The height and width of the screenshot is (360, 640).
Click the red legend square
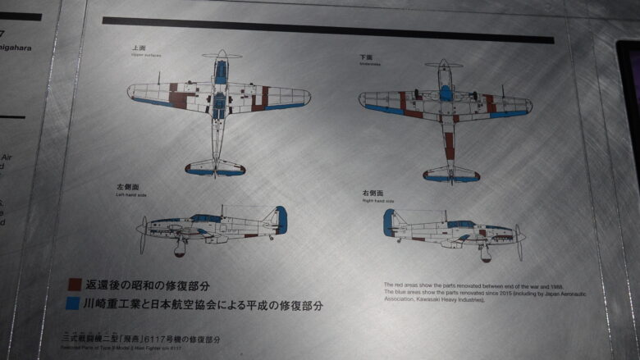click(74, 285)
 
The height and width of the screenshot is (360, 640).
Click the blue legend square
click(74, 304)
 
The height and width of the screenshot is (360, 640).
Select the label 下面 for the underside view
click(366, 57)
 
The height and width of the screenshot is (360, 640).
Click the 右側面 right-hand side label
click(372, 194)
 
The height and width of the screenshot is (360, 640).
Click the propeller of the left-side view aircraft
click(144, 234)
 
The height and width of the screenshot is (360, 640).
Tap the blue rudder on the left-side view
click(281, 219)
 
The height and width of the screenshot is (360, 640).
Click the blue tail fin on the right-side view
click(388, 221)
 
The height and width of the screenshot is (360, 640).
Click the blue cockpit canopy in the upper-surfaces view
click(220, 71)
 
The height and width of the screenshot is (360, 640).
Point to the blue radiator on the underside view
click(445, 92)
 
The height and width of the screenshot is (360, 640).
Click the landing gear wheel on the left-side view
click(180, 250)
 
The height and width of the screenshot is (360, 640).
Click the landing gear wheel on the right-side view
click(486, 255)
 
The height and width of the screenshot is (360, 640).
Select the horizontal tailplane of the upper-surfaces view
click(215, 169)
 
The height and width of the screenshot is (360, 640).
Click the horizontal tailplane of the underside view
click(451, 174)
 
